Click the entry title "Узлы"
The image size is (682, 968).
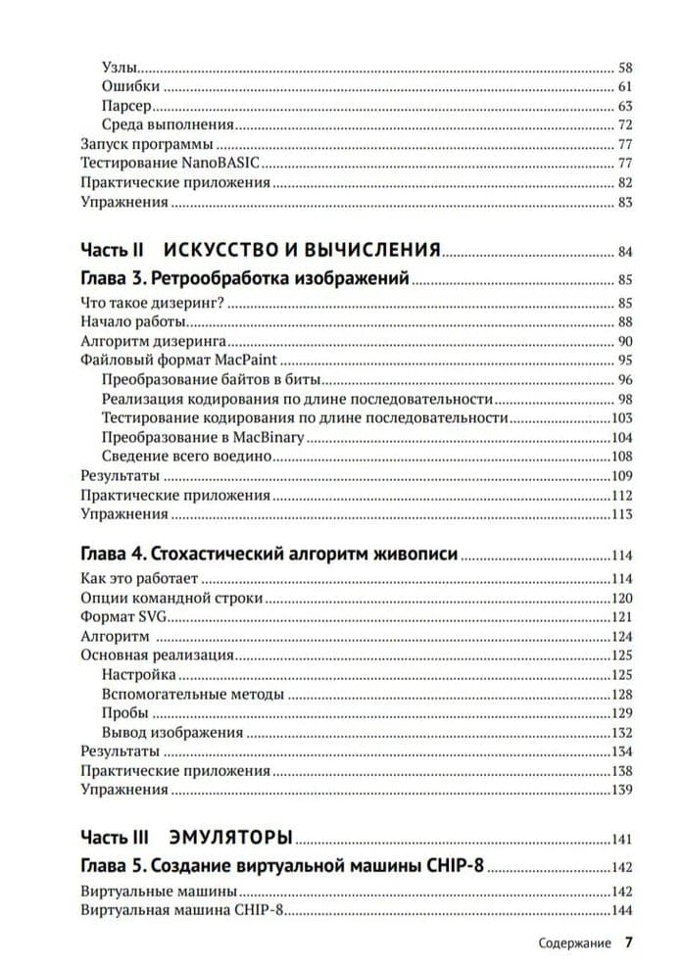coord(119,68)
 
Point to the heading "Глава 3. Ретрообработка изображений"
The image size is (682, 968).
coord(244,278)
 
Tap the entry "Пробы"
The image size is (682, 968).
coord(124,713)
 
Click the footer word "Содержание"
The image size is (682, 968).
coord(574,944)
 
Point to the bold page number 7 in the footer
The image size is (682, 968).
coord(629,943)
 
